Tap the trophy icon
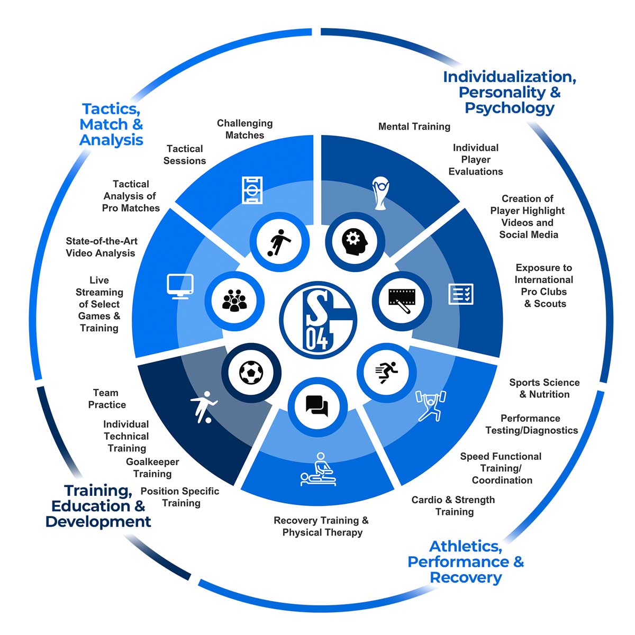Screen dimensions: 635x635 pyautogui.click(x=380, y=194)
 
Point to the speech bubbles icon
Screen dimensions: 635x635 pyautogui.click(x=317, y=406)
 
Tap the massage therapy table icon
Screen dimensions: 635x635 pyautogui.click(x=318, y=470)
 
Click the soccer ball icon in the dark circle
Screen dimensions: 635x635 pyautogui.click(x=251, y=372)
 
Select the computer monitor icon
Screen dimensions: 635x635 pyautogui.click(x=180, y=286)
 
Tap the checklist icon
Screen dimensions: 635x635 pyautogui.click(x=461, y=294)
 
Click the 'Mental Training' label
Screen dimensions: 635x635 pyautogui.click(x=414, y=126)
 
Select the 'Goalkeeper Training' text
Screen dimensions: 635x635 pyautogui.click(x=152, y=468)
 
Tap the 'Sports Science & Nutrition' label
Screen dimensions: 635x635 pyautogui.click(x=544, y=388)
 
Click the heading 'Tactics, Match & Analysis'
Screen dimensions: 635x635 pyautogui.click(x=111, y=124)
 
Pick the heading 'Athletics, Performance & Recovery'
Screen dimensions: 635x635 pyautogui.click(x=466, y=561)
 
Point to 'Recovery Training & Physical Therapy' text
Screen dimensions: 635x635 pyautogui.click(x=321, y=526)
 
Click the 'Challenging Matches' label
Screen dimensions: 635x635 pyautogui.click(x=244, y=129)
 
